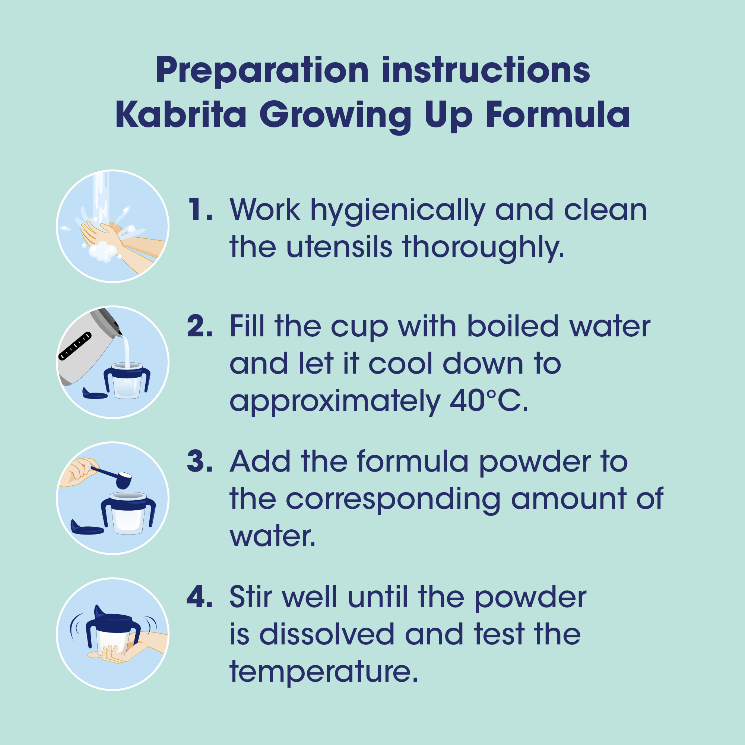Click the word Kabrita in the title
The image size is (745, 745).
(181, 114)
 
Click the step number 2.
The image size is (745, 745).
(200, 326)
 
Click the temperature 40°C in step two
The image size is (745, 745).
(489, 401)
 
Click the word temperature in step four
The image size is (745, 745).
(324, 673)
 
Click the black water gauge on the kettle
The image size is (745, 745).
(75, 346)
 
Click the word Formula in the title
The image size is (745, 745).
(558, 114)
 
